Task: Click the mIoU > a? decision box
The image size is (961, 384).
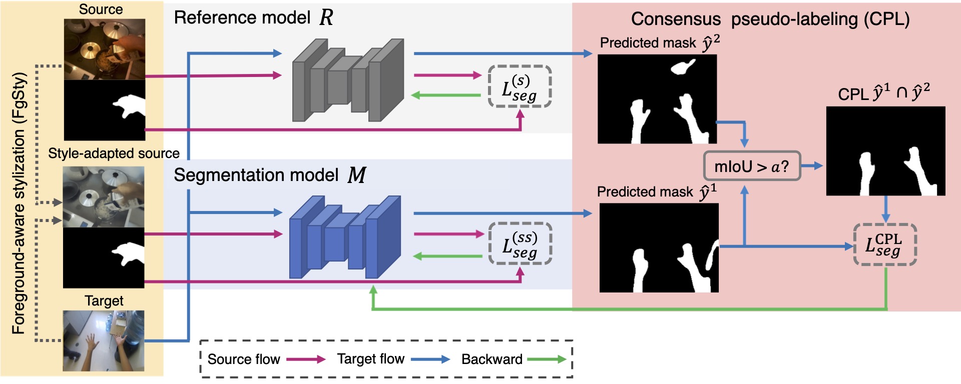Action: coord(752,166)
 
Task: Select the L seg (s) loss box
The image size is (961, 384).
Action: coord(520,86)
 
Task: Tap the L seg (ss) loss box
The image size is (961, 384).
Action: coord(520,243)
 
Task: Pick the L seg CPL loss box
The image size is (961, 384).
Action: coord(884,244)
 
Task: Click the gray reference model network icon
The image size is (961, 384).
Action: coord(348,80)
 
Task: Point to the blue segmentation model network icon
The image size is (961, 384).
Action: coord(345,237)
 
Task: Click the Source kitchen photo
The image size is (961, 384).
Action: coord(105,49)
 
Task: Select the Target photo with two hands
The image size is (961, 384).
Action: coord(104,340)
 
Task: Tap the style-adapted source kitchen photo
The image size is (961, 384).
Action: coord(104,197)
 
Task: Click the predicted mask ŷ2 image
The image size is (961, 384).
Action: coord(657,99)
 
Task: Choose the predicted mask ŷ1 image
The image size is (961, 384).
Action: coord(659,247)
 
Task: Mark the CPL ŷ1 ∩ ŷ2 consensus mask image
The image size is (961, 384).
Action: coord(885,150)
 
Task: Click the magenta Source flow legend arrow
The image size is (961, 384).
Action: coord(306,359)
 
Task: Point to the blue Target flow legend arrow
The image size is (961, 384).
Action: coord(430,359)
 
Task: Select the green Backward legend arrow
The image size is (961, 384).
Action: coord(547,359)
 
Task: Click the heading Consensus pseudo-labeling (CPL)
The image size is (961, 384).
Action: coord(770,19)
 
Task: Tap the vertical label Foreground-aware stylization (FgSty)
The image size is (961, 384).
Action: coord(19,202)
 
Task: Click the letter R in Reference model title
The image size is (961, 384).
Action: coord(326,17)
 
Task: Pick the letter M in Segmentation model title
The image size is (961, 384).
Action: coord(357,175)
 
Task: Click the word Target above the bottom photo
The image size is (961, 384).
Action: coord(104,300)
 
